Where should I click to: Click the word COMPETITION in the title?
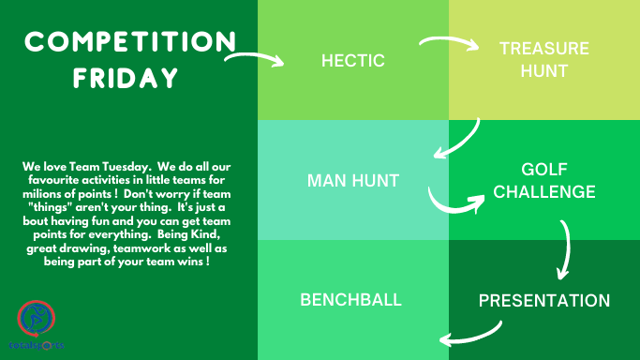pos(130,41)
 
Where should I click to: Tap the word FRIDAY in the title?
pos(126,78)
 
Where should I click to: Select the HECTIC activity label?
pos(353,61)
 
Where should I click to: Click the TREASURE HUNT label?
pos(544,60)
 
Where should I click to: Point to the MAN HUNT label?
pos(353,180)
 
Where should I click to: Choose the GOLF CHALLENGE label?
pos(544,180)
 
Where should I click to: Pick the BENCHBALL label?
pos(351,300)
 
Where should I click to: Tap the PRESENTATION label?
pos(544,301)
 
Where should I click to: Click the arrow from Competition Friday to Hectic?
pos(255,56)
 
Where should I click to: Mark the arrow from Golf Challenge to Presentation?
pos(568,249)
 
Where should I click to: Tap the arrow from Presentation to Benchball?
pos(473,337)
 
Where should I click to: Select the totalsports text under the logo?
pos(37,345)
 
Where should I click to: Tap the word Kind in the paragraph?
pos(205,234)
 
